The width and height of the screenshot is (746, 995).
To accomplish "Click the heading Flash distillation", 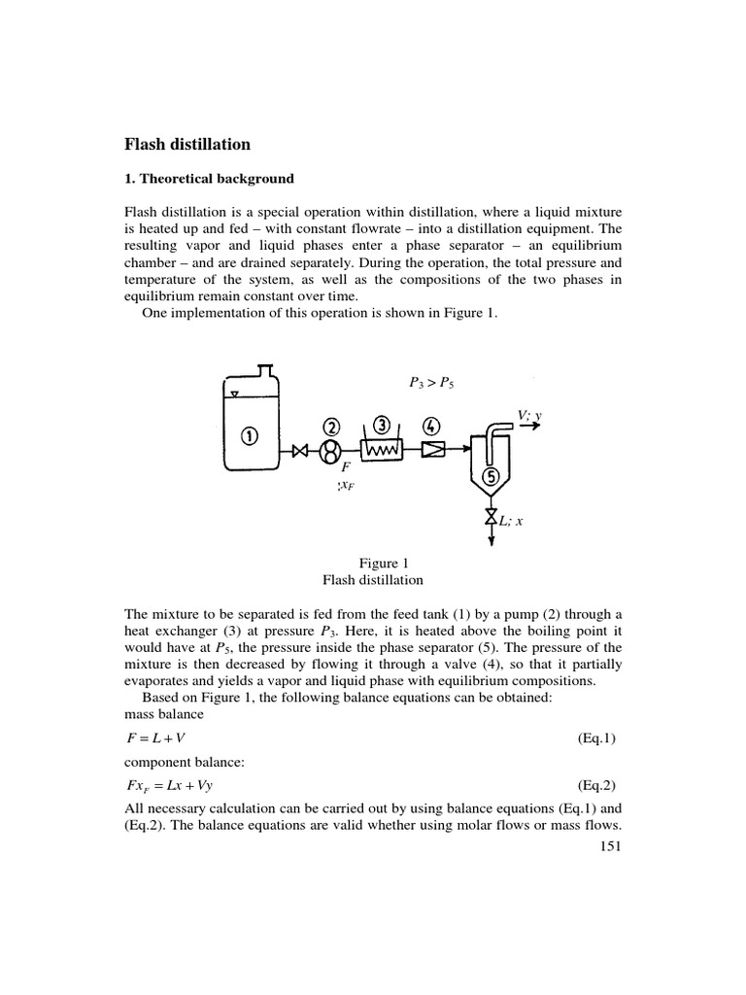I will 187,145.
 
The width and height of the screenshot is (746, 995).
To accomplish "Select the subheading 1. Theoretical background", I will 209,179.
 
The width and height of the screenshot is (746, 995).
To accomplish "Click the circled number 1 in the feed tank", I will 250,436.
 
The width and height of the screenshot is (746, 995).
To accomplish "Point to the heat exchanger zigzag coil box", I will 383,451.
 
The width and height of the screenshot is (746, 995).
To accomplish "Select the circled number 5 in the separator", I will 492,476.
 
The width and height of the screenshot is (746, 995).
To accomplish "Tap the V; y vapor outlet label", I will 529,416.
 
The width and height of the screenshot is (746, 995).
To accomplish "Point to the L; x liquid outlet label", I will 509,520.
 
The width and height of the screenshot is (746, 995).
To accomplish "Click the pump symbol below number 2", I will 331,451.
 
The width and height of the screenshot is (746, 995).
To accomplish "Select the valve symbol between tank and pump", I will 301,451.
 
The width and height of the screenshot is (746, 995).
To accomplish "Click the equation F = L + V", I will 155,738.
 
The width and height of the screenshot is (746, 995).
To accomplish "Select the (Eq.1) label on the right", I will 596,738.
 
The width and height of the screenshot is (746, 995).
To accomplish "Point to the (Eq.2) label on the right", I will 596,784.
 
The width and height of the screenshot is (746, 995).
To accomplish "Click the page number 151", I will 608,845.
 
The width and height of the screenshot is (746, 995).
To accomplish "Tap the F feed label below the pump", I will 343,466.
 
